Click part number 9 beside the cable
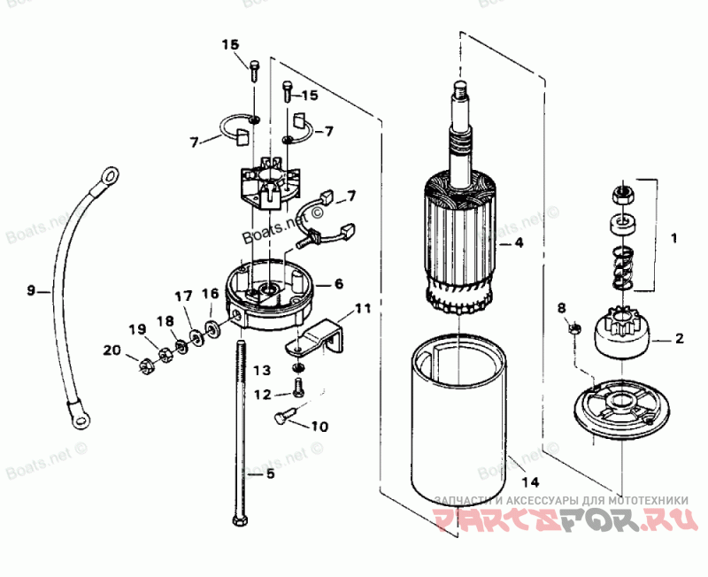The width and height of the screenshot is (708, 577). tap(31, 289)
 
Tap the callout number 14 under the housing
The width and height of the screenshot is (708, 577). tap(529, 482)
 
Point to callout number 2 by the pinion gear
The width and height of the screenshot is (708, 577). tap(679, 337)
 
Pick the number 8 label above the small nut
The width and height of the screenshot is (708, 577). tap(560, 308)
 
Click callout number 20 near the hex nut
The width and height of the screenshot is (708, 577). tap(111, 350)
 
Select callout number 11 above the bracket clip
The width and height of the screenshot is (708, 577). tap(364, 308)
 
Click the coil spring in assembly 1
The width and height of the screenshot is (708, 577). tap(622, 265)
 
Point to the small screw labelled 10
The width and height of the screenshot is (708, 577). tap(282, 416)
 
